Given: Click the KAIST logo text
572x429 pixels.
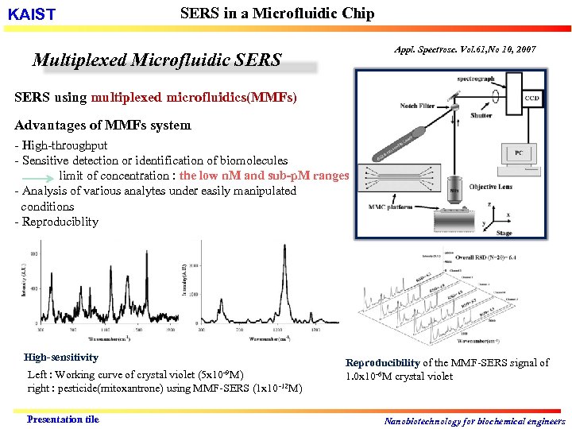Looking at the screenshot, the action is click(x=32, y=15).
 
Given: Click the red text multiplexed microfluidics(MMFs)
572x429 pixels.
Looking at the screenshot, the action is click(x=194, y=98).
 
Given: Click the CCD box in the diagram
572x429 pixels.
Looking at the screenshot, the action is click(x=531, y=99).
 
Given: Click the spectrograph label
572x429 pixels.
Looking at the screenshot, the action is click(x=476, y=79).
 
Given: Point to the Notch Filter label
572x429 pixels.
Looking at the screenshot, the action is click(x=417, y=106).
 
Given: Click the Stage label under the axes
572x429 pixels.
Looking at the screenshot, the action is click(x=504, y=234).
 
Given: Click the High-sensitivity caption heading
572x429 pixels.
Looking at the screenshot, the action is click(x=61, y=357).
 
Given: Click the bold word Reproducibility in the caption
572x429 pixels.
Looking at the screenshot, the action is click(x=381, y=362).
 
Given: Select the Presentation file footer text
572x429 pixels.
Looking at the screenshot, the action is click(x=63, y=419).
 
